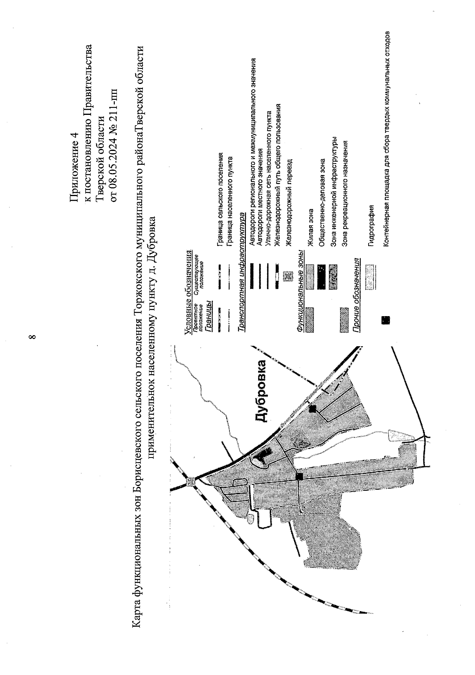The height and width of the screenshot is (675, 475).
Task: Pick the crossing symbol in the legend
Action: [288, 276]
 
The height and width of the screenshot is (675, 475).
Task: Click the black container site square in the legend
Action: [385, 320]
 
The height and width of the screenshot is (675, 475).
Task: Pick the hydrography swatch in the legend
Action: [371, 276]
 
